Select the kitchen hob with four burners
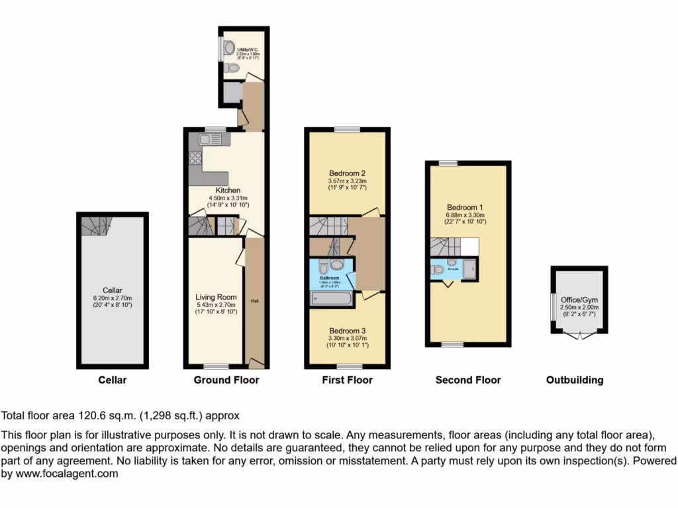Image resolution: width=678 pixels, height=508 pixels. tap(196, 158)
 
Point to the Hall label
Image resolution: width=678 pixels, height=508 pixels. tap(254, 301)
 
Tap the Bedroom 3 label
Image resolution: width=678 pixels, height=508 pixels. tap(348, 330)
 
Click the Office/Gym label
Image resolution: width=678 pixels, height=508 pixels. tap(579, 299)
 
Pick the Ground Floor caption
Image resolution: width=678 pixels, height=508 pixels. tap(226, 380)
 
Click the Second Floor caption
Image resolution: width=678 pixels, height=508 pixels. tap(468, 380)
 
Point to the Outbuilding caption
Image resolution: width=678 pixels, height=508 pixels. tap(575, 380)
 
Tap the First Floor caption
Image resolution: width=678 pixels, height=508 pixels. tap(348, 380)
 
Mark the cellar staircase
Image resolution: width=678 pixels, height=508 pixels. tap(92, 226)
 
